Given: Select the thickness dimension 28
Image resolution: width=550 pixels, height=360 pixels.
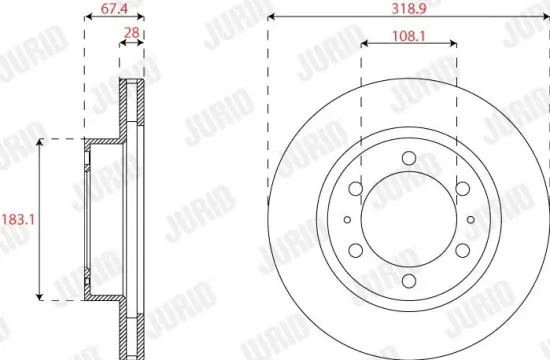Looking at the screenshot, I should coord(131,34).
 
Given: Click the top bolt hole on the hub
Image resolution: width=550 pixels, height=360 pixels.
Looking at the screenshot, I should coord(408,156).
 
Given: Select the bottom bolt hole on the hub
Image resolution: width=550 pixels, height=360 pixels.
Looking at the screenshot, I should coord(408,282).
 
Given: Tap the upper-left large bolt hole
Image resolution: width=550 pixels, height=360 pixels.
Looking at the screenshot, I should coord(354,188).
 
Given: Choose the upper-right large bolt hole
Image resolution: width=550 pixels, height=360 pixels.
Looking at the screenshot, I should coord(462,188).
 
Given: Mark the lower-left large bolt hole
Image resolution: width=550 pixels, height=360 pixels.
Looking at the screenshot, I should coord(354,250).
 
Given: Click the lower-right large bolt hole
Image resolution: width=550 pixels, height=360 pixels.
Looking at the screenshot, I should coord(462,250).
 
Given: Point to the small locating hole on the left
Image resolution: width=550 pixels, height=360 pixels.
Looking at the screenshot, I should coord(347,219).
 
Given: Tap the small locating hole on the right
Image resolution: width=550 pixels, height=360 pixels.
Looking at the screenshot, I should coord(469,219).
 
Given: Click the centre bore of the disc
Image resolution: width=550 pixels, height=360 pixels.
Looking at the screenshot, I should coord(408,219).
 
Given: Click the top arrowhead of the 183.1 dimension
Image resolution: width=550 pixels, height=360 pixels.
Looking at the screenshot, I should coord(40,143).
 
